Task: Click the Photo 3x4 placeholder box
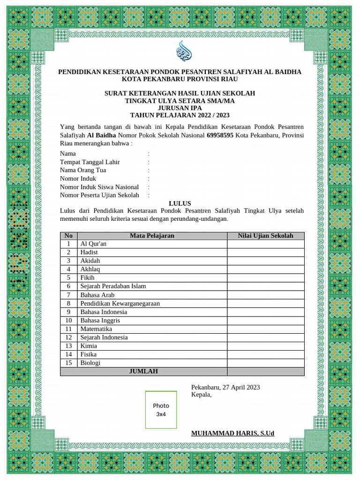pos(161,410)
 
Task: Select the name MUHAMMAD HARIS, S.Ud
pos(232,433)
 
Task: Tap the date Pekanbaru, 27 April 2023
pos(225,387)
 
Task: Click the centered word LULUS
pos(180,203)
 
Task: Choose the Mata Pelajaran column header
pos(152,236)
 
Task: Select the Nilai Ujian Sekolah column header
pos(265,236)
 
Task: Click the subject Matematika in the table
pos(96,329)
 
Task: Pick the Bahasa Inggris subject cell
pos(100,321)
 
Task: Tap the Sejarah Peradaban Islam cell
pos(113,286)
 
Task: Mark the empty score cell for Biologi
pos(265,363)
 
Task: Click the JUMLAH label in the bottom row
pos(143,371)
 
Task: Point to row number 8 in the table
pos(68,303)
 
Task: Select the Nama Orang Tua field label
pos(83,170)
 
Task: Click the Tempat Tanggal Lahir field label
pos(90,162)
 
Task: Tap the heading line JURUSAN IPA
pos(180,108)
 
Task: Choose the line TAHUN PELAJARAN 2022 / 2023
pos(180,115)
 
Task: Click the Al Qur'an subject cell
pos(93,244)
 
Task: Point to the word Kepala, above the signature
pos(201,395)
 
